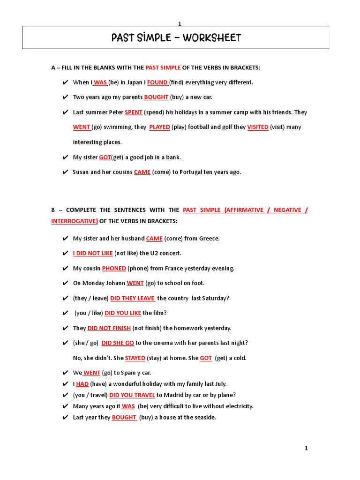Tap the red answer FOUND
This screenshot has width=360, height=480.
click(x=157, y=82)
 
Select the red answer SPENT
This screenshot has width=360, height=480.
click(x=134, y=112)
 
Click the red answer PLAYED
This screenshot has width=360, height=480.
click(x=159, y=127)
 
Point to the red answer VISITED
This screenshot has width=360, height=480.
click(x=258, y=127)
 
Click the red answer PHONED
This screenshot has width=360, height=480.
click(x=114, y=269)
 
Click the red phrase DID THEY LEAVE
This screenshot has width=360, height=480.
click(x=133, y=298)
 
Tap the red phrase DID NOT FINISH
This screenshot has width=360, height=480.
click(x=109, y=328)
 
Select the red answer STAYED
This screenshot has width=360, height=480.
click(x=135, y=358)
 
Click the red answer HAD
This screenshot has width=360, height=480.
click(x=82, y=384)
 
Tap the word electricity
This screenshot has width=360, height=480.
click(x=237, y=406)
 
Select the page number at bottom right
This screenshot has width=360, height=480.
click(x=306, y=449)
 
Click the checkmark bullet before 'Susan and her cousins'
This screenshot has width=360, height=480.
click(x=65, y=172)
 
